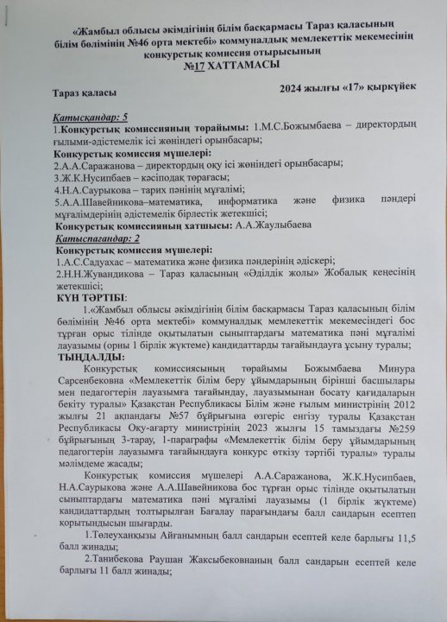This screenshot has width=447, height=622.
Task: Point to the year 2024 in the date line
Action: pos(293,88)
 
